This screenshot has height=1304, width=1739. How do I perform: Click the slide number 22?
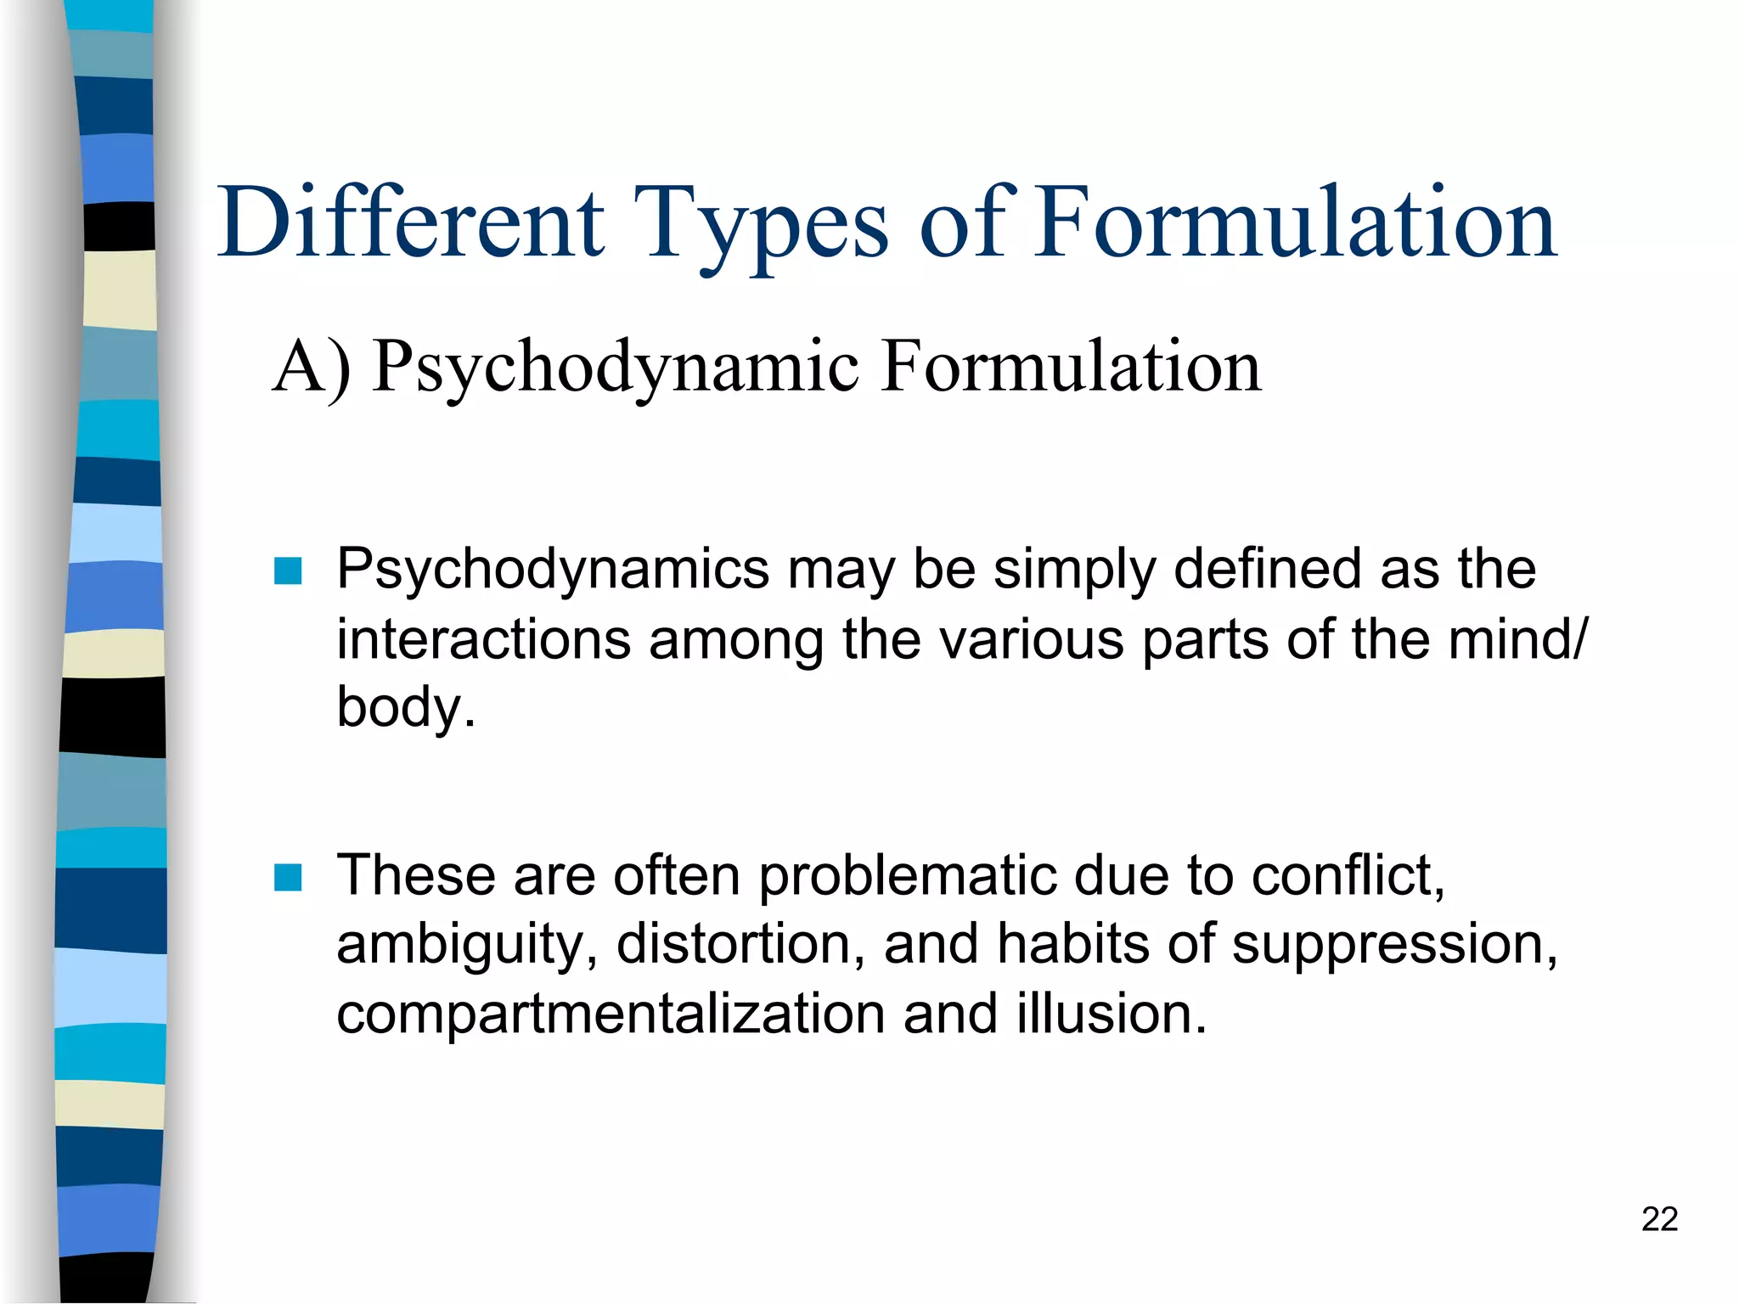tap(1659, 1219)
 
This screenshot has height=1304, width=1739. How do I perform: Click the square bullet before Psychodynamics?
tap(289, 571)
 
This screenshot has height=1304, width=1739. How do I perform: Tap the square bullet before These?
tap(289, 878)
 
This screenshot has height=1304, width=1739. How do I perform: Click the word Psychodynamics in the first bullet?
tap(553, 570)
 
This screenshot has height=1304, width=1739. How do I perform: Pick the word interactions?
tap(483, 638)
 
